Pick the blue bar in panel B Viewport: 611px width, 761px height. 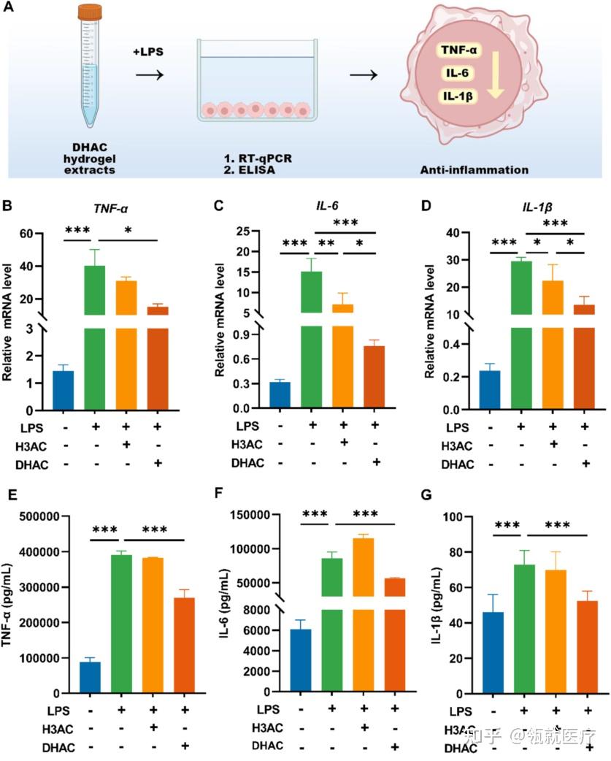coord(64,391)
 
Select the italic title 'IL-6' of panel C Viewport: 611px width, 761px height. coord(326,208)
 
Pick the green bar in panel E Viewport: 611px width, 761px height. coord(121,624)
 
